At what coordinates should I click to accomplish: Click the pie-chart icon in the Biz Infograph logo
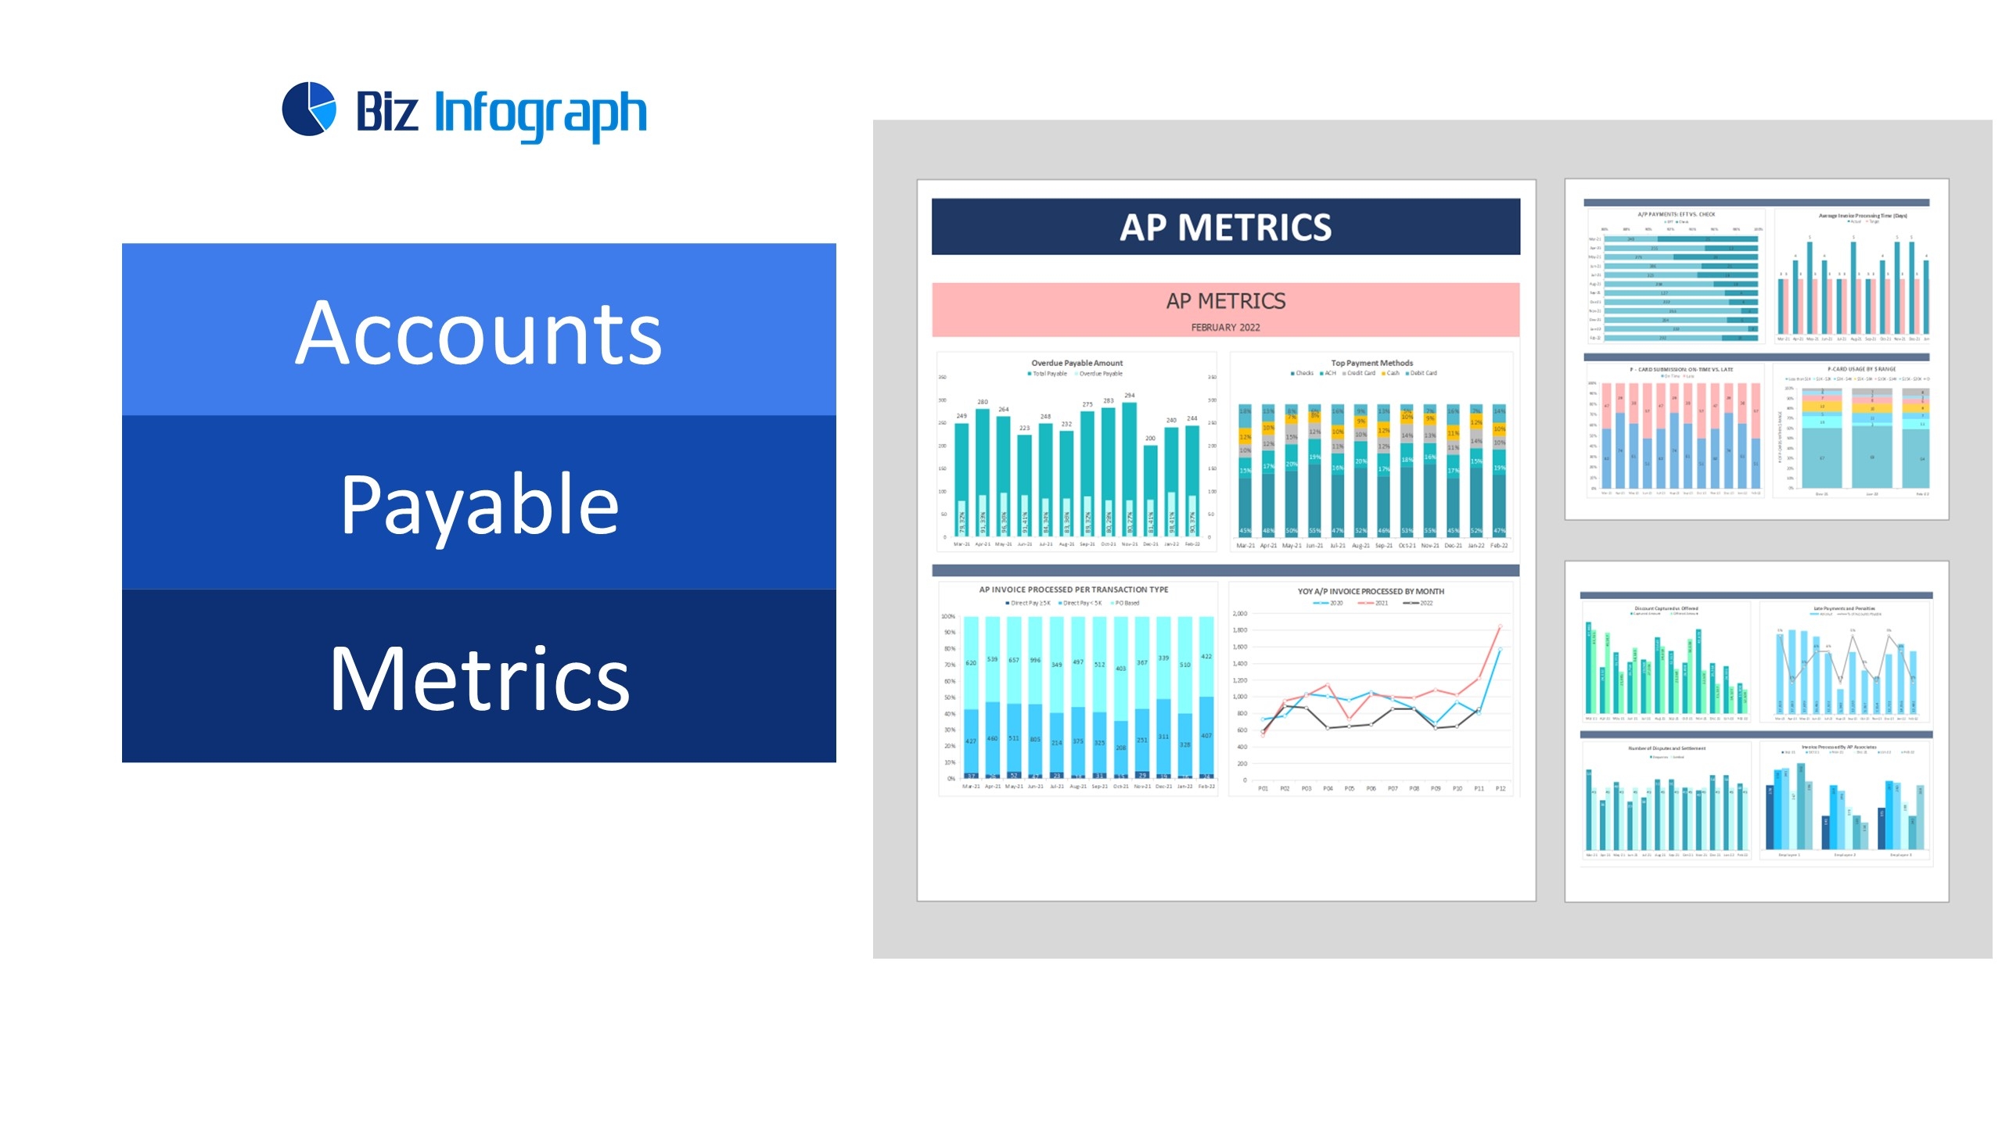coord(308,109)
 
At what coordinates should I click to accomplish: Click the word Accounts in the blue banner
coord(478,333)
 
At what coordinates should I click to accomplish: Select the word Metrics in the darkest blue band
coord(479,678)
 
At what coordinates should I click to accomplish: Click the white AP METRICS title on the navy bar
coord(1224,228)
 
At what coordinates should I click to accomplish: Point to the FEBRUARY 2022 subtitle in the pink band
coord(1225,328)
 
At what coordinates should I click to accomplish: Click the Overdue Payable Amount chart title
coord(1076,363)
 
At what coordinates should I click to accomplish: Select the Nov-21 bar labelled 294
coord(1129,469)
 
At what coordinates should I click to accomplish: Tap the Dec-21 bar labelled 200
coord(1150,489)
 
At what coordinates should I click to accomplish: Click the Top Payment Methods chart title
coord(1371,363)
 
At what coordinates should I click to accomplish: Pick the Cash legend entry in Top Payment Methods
coord(1392,374)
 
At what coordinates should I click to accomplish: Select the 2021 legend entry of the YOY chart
coord(1377,603)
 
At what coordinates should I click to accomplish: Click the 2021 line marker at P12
coord(1500,626)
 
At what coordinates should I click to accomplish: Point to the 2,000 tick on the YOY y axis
coord(1239,614)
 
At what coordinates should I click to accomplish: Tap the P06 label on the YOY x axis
coord(1371,789)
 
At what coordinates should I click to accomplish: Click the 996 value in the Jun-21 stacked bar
coord(1035,661)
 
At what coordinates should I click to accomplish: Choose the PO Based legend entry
coord(1125,603)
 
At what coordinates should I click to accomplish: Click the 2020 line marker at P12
coord(1500,649)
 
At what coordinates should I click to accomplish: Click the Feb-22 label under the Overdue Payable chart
coord(1191,544)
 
